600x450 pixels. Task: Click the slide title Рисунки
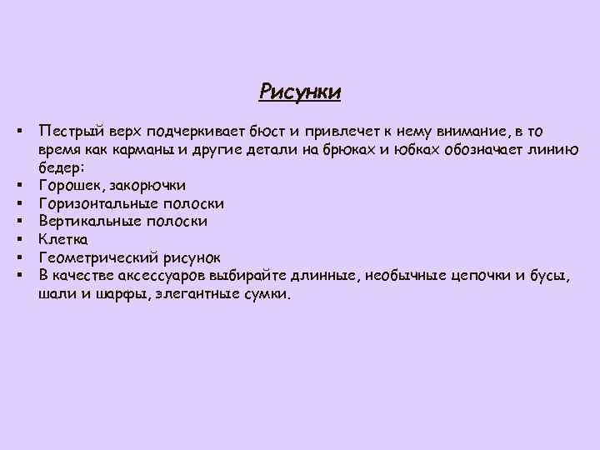click(300, 90)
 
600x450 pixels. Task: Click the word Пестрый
click(68, 131)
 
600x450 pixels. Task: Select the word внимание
click(469, 131)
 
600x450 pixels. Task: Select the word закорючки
click(145, 185)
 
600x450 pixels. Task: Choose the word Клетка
click(62, 239)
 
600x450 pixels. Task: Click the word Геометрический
click(97, 257)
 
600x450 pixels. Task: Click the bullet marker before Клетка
click(17, 239)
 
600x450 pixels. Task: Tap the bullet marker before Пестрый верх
click(17, 131)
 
